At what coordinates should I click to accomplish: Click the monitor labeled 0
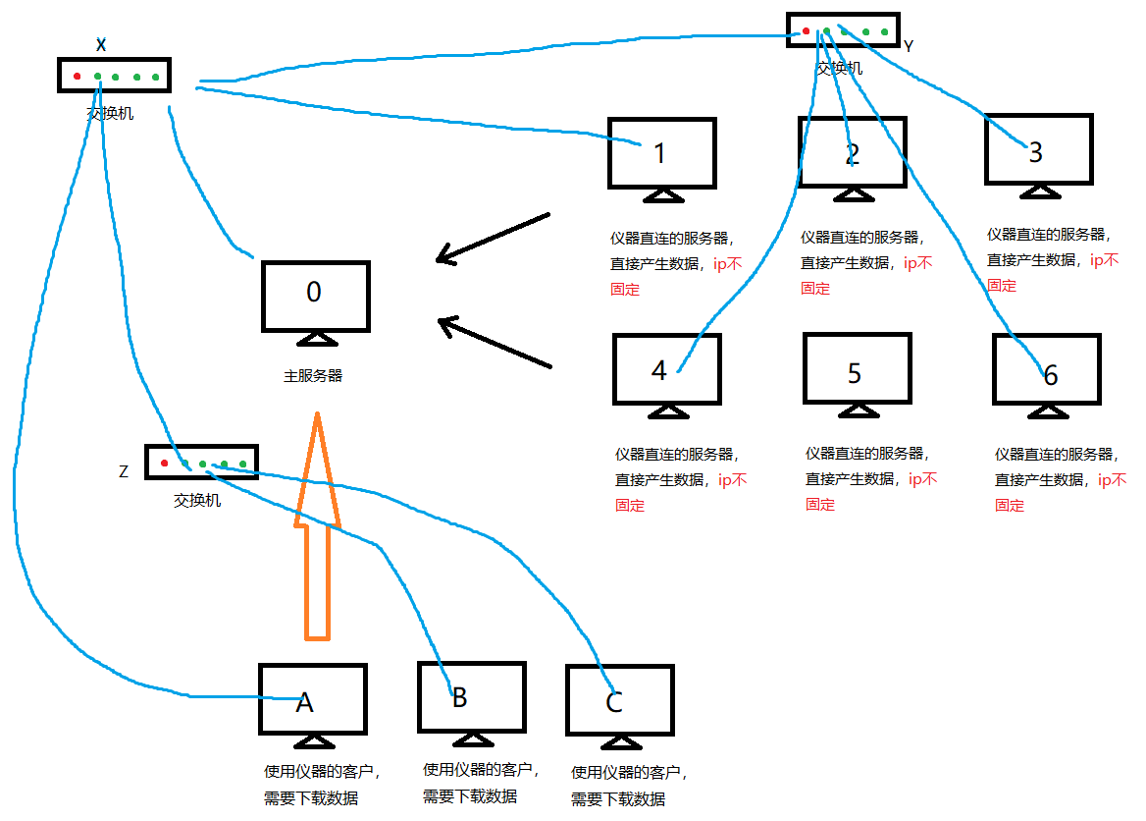(316, 297)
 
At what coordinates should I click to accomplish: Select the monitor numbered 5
(857, 368)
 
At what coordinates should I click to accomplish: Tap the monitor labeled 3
(1039, 149)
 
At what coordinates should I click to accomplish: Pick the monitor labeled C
(619, 700)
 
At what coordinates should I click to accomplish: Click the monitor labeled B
(471, 696)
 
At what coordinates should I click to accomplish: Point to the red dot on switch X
(77, 76)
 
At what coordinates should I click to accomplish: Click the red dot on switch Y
(807, 31)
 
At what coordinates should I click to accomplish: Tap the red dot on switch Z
(164, 463)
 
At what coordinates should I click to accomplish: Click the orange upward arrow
(317, 530)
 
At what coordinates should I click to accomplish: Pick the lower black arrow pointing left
(495, 343)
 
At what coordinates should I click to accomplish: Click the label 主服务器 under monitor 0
(313, 375)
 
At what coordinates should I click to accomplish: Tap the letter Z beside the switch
(124, 471)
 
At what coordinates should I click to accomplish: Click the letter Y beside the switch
(909, 46)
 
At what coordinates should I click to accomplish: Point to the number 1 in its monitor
(659, 153)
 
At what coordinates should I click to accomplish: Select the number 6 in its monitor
(1050, 376)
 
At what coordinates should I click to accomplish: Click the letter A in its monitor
(304, 702)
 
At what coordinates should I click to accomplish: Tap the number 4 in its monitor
(659, 370)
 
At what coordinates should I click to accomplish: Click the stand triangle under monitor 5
(857, 410)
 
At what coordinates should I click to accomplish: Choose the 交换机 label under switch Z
(197, 501)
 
